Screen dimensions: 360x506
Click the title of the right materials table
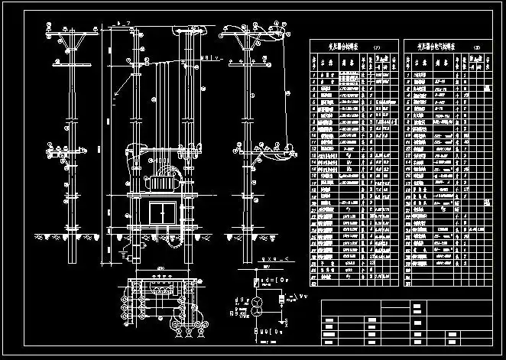point(435,47)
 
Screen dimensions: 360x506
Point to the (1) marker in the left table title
point(375,47)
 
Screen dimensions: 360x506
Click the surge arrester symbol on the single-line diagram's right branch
point(281,297)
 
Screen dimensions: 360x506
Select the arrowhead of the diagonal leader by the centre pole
point(114,95)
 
